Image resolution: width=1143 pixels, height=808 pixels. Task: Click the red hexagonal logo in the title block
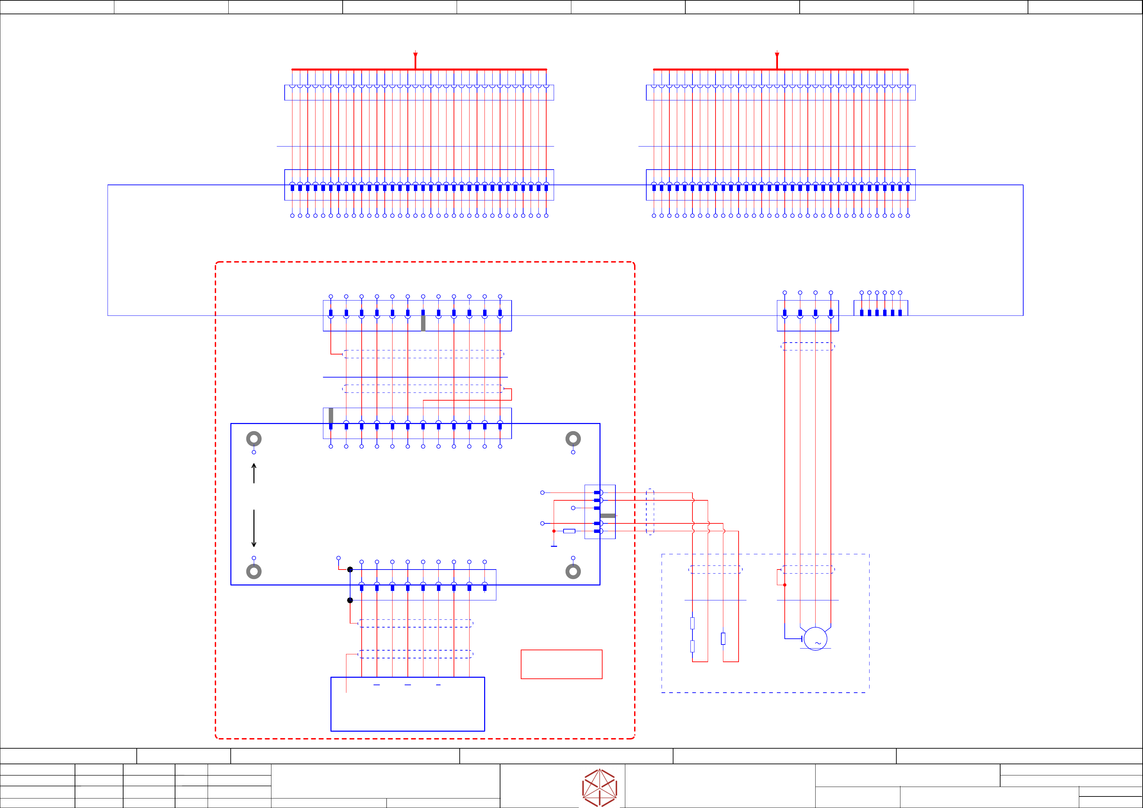pos(599,788)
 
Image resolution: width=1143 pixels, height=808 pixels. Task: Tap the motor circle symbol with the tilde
pos(815,639)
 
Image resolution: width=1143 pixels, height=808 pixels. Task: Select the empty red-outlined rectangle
pos(561,664)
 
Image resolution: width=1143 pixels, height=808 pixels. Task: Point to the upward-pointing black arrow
pos(254,473)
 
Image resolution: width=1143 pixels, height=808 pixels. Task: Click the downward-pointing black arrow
pos(254,529)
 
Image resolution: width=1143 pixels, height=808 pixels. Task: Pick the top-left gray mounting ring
pos(254,439)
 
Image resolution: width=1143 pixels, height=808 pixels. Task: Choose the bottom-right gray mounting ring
pos(573,571)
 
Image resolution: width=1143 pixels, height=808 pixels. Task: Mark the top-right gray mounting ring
pos(573,439)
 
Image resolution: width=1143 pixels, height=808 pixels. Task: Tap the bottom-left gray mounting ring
pos(254,571)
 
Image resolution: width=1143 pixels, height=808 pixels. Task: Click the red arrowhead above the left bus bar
pos(415,55)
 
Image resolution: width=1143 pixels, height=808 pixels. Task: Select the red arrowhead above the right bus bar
pos(777,55)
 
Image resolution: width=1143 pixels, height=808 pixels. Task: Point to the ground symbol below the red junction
pos(554,546)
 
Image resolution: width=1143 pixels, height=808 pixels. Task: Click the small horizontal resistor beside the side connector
pos(569,531)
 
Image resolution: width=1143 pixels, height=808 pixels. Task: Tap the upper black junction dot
pos(350,570)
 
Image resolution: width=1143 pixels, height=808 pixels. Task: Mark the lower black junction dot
pos(350,600)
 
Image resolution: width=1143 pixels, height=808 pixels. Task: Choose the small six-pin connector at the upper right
pos(881,309)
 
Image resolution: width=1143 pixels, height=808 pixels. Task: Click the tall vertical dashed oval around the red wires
pos(650,512)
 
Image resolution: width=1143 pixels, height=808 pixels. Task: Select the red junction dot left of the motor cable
pos(785,585)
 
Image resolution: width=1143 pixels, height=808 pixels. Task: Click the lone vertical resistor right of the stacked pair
pos(723,639)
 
